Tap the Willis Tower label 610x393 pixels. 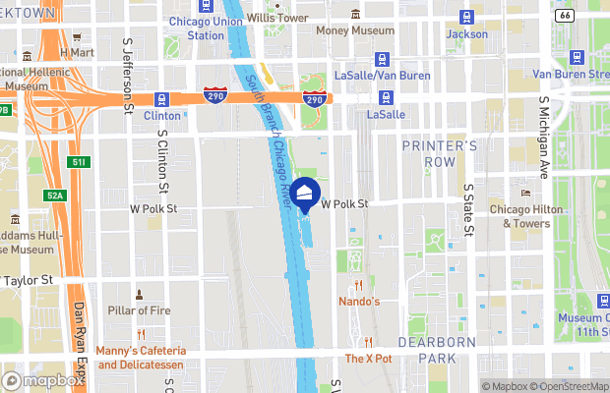(x=277, y=18)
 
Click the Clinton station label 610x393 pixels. (x=162, y=115)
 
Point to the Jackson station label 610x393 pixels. (x=466, y=33)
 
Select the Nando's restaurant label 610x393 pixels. (x=359, y=301)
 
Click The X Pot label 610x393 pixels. (x=368, y=359)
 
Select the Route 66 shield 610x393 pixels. (x=590, y=17)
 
